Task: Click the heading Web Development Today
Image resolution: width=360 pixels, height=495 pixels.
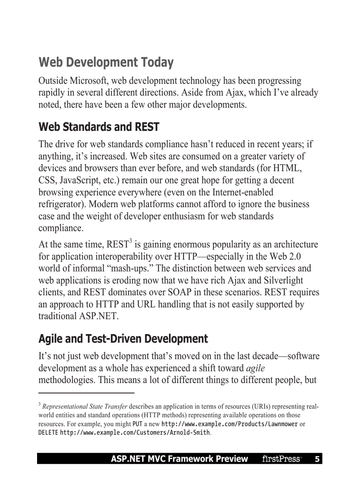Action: tap(106, 63)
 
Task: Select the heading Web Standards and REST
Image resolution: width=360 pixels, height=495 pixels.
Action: tap(99, 127)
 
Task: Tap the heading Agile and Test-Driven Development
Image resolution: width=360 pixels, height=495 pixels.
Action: tap(123, 339)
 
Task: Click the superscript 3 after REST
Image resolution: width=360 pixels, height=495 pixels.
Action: tap(131, 241)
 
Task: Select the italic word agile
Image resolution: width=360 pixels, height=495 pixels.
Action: tap(255, 368)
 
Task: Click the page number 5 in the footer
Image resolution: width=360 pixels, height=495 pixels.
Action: tap(317, 459)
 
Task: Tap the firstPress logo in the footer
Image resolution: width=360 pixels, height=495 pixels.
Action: tap(281, 459)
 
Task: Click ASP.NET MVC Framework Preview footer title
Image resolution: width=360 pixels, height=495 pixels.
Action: tap(179, 459)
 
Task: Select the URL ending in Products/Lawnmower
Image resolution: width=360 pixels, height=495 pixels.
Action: tap(229, 424)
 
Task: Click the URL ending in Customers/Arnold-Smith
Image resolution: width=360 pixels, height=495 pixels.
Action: tap(135, 433)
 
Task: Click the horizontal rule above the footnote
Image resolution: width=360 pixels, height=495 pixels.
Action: tap(86, 392)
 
